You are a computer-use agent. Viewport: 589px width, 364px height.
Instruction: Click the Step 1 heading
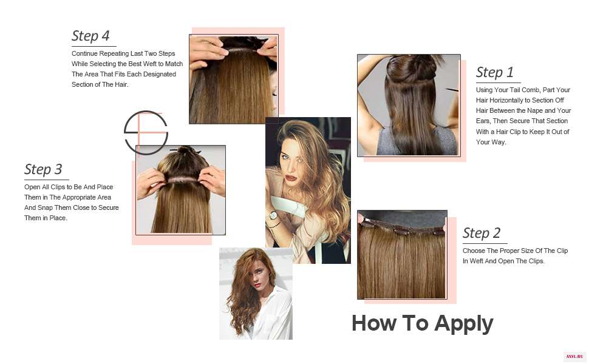494,72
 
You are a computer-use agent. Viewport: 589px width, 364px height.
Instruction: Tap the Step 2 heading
481,233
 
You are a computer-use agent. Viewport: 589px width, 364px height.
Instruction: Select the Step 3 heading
43,169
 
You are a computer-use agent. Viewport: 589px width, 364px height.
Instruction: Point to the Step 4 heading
90,36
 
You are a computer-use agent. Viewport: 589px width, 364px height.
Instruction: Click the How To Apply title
422,323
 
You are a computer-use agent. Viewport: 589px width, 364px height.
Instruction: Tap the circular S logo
146,132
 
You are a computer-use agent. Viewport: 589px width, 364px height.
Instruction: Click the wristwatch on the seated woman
273,216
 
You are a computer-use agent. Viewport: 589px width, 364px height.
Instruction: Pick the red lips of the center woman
290,178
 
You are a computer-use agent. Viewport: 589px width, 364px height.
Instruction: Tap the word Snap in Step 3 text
45,207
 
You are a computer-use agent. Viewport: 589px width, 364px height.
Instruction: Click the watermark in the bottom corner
574,357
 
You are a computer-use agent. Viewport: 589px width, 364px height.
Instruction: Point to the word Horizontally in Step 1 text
506,100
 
